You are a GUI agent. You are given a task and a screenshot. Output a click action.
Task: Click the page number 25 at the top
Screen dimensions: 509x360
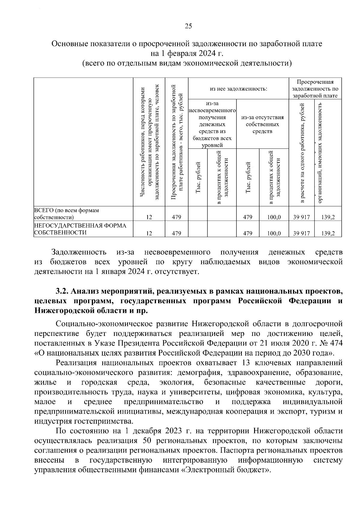point(188,26)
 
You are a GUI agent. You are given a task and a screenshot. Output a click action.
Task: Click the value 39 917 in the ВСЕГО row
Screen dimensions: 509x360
point(301,217)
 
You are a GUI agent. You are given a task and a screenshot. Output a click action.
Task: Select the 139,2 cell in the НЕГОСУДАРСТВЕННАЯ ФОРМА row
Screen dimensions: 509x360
point(328,233)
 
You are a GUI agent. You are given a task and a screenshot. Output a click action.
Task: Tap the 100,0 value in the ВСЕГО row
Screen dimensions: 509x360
point(274,217)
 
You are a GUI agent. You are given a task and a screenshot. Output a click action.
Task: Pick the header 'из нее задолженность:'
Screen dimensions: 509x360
point(238,89)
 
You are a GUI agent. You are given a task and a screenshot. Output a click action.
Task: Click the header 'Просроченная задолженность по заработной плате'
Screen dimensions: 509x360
point(315,89)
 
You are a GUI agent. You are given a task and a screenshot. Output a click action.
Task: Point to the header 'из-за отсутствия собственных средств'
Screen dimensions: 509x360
point(262,124)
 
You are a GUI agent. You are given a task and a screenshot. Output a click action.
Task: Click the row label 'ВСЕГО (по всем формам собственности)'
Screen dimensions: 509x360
point(67,214)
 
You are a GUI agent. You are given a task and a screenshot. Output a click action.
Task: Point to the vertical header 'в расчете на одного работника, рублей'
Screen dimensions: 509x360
point(301,153)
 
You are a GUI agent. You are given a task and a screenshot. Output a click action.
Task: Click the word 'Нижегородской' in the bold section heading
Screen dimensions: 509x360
point(66,310)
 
